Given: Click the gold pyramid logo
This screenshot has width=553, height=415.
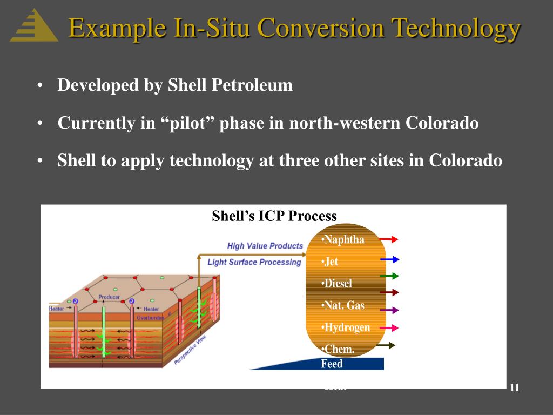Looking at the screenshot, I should click(x=34, y=25).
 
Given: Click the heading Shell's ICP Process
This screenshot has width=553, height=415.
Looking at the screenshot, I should click(x=274, y=216).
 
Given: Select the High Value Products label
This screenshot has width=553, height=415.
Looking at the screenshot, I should click(x=265, y=246).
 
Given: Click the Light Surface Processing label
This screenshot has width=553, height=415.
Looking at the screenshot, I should click(x=254, y=262).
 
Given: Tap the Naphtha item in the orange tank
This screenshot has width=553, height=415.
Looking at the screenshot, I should click(x=343, y=239).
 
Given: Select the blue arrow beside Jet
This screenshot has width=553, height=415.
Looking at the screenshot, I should click(x=389, y=259).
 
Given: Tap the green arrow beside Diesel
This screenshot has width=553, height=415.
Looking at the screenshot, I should click(x=389, y=276).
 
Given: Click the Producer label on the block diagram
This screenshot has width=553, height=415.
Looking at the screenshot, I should click(x=109, y=297).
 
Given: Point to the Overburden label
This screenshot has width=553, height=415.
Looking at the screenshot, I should click(x=150, y=318).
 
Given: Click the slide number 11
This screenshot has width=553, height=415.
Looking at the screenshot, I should click(x=514, y=388).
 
